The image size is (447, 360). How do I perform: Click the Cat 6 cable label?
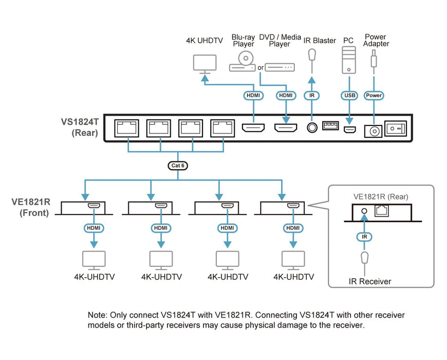(178, 166)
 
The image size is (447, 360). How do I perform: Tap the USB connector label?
(349, 95)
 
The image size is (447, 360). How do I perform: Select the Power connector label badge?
(374, 95)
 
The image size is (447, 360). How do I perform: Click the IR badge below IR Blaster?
(311, 95)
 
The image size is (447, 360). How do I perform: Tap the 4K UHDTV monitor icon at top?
(204, 63)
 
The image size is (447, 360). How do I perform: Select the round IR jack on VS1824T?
(311, 127)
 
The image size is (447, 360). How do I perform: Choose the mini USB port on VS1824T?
(349, 129)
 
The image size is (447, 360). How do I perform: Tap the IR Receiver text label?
(370, 281)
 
